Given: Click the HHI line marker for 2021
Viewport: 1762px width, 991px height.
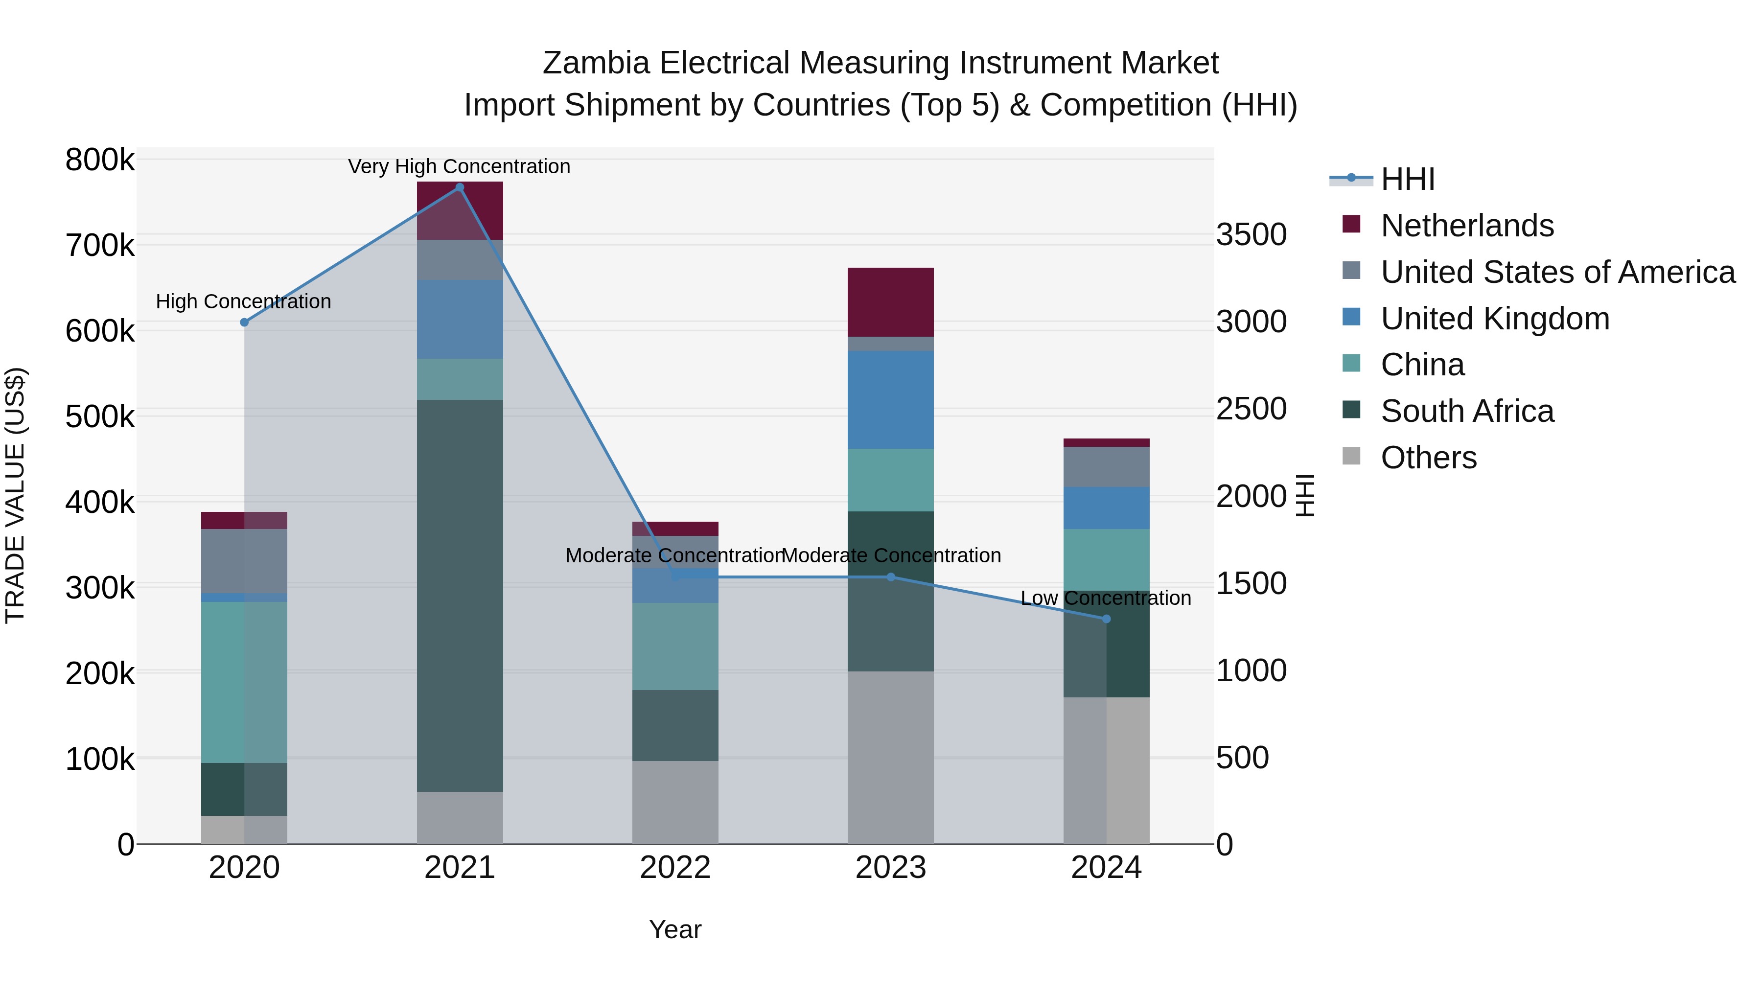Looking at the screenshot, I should click(460, 187).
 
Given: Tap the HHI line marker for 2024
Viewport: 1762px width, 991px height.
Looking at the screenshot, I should click(1106, 619).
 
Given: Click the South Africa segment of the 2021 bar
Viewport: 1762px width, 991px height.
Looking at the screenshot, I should click(460, 595).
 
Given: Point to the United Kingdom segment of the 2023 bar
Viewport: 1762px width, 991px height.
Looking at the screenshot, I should click(891, 400).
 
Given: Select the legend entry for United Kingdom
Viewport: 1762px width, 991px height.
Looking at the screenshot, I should click(1495, 319).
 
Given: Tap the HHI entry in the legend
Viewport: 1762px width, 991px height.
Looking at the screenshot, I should click(1407, 179).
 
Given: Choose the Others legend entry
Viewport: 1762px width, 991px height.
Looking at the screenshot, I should click(1428, 458).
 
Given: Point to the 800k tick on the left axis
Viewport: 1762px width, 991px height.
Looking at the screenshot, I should click(100, 160).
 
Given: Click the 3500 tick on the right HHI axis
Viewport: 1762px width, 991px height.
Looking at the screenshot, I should click(1251, 234).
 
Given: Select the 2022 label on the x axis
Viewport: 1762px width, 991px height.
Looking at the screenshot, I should click(675, 868).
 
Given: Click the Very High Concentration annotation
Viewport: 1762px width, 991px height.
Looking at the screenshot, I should click(459, 166).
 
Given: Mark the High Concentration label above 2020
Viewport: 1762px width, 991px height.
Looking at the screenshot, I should click(244, 301).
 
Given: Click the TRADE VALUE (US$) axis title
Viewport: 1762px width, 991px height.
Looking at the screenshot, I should click(15, 495).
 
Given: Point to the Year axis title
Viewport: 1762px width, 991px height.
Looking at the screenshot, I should click(675, 929).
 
